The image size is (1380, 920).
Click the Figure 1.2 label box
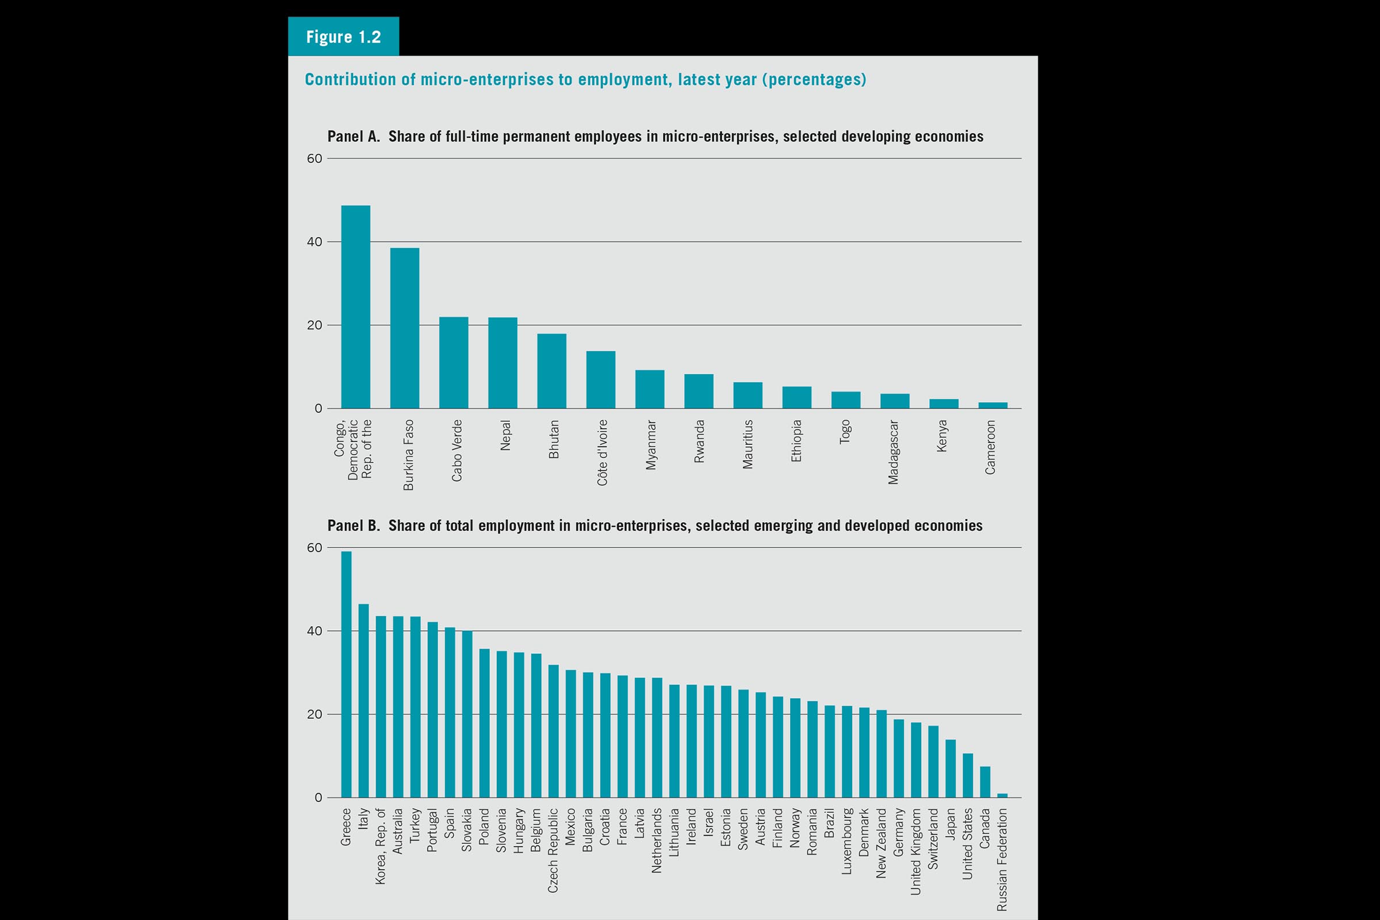tap(343, 36)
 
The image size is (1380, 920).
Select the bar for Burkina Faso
tap(404, 328)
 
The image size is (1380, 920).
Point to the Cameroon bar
tap(993, 405)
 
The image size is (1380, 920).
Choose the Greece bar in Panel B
tap(346, 674)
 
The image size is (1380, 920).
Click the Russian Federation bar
tap(1002, 796)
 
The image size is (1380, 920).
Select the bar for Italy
tap(363, 700)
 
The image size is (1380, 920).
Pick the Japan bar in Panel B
tap(950, 769)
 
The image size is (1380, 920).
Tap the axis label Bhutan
tap(554, 439)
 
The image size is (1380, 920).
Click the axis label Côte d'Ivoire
tap(603, 453)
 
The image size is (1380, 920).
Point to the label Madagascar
tap(893, 452)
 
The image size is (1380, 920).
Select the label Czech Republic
tap(553, 850)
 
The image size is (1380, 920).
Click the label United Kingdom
tap(916, 852)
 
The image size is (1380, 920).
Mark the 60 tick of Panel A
tap(315, 159)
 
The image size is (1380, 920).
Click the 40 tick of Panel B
tap(315, 631)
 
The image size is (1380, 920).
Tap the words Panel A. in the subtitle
tap(353, 137)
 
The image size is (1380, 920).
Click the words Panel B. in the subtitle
tap(353, 526)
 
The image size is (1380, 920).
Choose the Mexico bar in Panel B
tap(570, 734)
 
